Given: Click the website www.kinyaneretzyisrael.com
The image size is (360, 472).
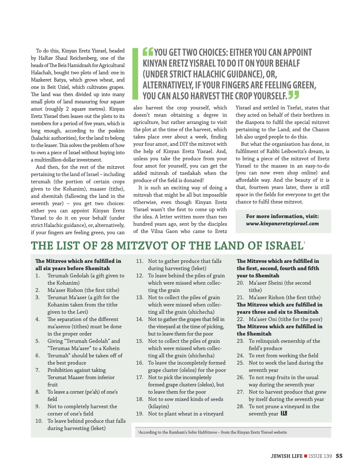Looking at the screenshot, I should point(283,224).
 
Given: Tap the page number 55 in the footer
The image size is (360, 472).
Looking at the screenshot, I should point(339,456).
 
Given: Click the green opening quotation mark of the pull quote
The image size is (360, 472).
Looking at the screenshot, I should point(148,52).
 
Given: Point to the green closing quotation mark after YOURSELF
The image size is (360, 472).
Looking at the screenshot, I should point(294,95).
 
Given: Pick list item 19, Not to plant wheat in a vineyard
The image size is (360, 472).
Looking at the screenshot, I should point(186,414).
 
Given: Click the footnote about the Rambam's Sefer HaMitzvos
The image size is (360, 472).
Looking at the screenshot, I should point(212,432).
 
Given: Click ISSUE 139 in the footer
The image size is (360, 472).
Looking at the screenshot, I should point(320,456).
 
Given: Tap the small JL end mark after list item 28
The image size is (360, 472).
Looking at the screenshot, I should point(284,414).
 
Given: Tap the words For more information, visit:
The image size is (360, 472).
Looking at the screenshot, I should point(283,216).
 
